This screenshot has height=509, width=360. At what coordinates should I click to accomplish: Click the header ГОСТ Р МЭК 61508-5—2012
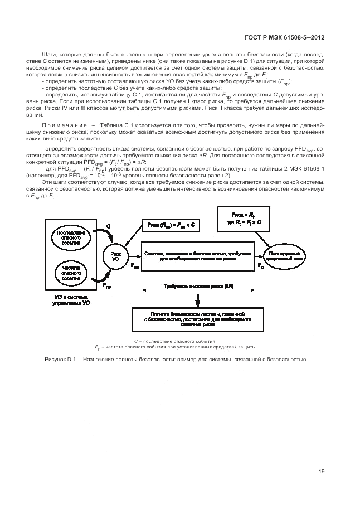click(x=284, y=38)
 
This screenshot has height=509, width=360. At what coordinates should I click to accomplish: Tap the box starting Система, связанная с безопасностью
click(x=198, y=256)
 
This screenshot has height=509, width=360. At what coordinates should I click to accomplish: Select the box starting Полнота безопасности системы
click(x=198, y=318)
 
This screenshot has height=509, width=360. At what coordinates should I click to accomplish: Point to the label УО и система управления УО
click(x=70, y=302)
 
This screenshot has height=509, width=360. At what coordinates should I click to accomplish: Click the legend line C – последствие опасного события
click(x=174, y=341)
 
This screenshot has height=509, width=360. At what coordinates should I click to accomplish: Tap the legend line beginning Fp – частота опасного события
click(x=174, y=347)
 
